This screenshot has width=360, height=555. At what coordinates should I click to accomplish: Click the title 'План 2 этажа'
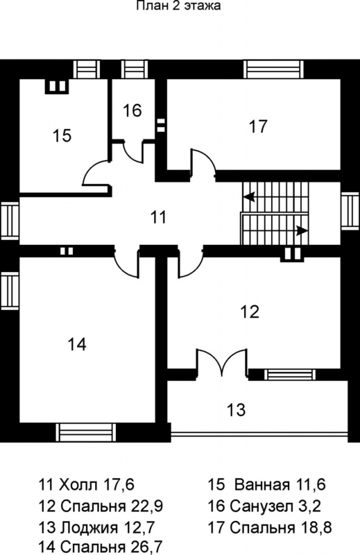(179, 6)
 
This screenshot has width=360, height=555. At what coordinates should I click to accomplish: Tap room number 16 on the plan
(132, 110)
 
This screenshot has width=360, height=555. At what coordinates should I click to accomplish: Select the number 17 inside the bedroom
(258, 126)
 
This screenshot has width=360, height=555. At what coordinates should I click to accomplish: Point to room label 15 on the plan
(62, 135)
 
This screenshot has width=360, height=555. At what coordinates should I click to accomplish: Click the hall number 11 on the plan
(158, 216)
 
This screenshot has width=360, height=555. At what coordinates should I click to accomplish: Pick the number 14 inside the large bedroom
(77, 344)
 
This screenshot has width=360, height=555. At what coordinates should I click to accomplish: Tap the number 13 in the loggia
(236, 409)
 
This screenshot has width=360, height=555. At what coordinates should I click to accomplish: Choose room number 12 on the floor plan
(250, 311)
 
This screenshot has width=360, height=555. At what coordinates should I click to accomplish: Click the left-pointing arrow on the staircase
(250, 197)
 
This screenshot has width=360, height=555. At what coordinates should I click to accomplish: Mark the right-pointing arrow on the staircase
(302, 231)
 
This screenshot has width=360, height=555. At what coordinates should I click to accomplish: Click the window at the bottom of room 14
(86, 432)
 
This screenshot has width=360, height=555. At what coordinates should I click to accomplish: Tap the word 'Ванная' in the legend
(262, 484)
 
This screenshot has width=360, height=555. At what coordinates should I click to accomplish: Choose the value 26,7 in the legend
(145, 547)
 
